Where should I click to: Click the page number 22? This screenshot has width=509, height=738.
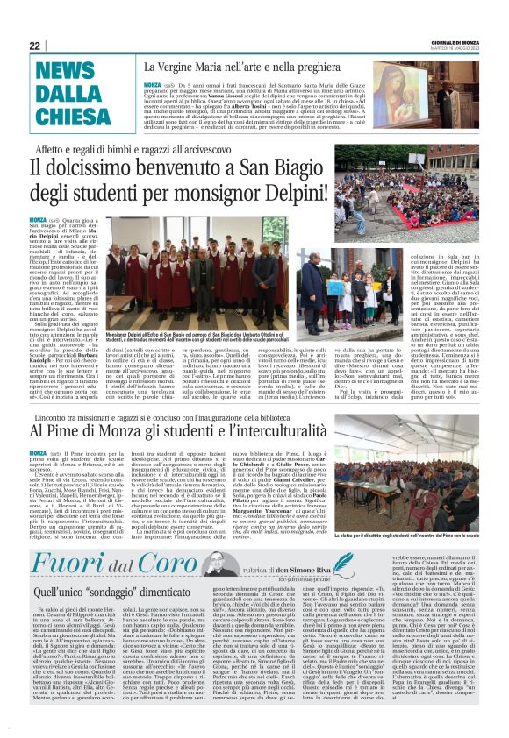coord(35,46)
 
